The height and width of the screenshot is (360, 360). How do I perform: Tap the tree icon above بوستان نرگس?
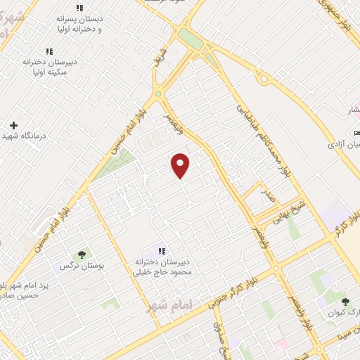click(82, 255)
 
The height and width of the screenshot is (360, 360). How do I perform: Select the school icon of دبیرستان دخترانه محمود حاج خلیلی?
click(162, 251)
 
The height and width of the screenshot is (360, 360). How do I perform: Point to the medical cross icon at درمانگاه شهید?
click(13, 125)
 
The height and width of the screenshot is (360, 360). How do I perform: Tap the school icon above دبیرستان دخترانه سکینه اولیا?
click(49, 51)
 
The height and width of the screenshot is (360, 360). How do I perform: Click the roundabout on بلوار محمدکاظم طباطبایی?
click(265, 79)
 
